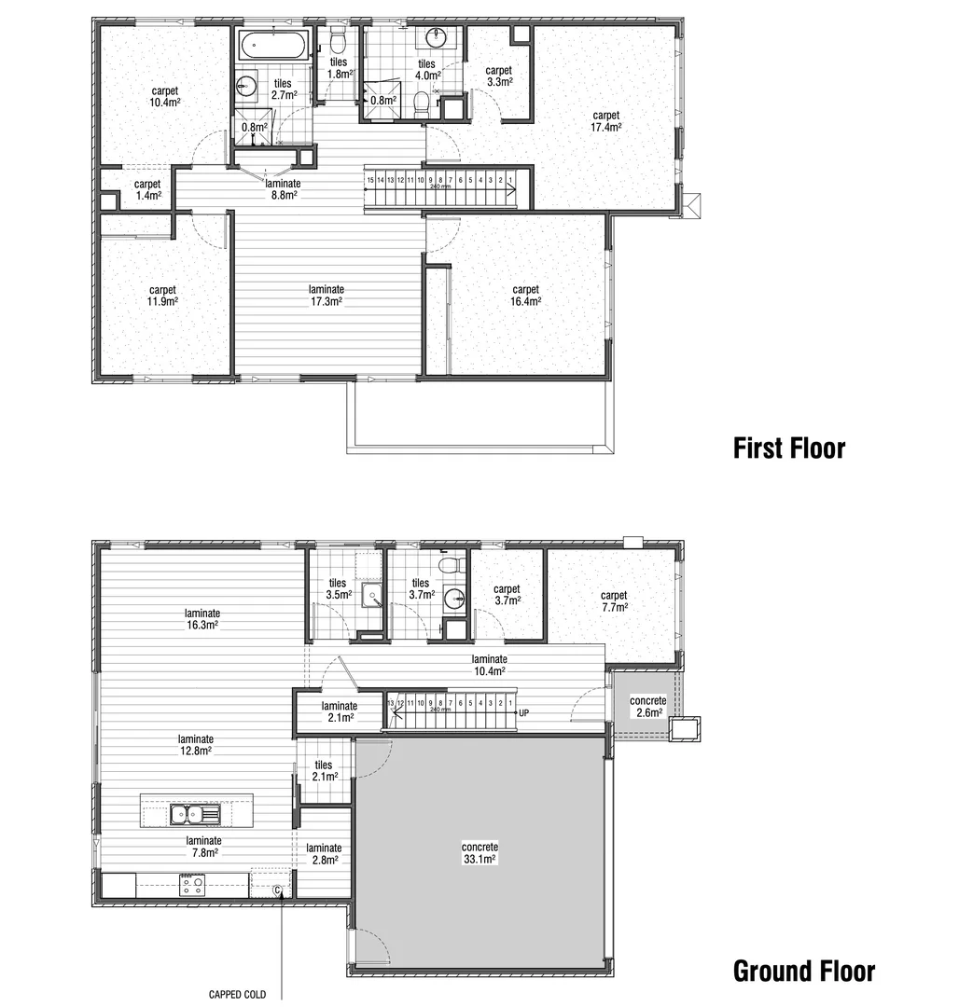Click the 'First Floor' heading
tap(788, 448)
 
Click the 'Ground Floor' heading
tap(803, 971)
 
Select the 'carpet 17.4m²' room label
tap(605, 121)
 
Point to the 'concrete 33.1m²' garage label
tap(479, 853)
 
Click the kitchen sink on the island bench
tap(195, 814)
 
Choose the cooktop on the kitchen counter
tap(192, 884)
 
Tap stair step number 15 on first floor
tap(370, 179)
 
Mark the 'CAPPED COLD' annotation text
tap(237, 995)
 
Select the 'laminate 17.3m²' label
tap(327, 295)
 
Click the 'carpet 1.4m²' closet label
tap(147, 189)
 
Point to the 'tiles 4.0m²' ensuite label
tap(426, 69)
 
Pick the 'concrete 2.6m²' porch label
tap(647, 707)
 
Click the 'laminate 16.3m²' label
tap(202, 619)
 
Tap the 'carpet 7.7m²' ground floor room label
tap(614, 600)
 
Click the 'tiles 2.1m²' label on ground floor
tap(323, 771)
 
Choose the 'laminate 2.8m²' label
tap(324, 853)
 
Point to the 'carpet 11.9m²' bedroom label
tap(162, 295)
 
